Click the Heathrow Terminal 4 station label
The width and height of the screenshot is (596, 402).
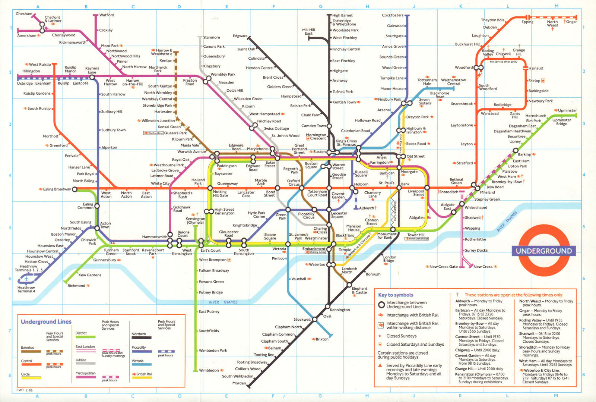tap(26, 289)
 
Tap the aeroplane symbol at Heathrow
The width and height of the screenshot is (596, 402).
tap(26, 279)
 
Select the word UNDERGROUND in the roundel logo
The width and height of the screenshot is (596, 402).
tap(543, 251)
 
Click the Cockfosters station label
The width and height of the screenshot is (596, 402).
tap(392, 15)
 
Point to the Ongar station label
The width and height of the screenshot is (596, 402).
tap(571, 22)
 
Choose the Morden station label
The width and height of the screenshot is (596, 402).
tap(239, 383)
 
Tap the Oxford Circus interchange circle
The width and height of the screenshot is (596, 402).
tap(301, 188)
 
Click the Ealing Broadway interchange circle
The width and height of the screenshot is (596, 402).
tap(74, 189)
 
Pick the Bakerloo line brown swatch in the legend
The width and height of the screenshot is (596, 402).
tap(31, 351)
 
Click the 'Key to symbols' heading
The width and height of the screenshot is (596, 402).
tap(396, 295)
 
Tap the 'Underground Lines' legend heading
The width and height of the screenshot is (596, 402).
tap(46, 322)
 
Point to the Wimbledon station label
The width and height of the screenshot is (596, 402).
tap(209, 370)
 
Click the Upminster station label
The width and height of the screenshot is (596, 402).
tap(567, 110)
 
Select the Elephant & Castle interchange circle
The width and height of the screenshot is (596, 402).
tap(349, 285)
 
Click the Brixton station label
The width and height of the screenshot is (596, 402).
tap(322, 339)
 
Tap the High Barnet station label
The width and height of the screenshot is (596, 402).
tap(342, 15)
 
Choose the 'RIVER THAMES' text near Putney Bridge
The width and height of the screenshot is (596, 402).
tap(223, 302)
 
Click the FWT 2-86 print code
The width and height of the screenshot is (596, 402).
tap(25, 390)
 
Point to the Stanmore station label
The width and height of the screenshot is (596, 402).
tap(211, 37)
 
